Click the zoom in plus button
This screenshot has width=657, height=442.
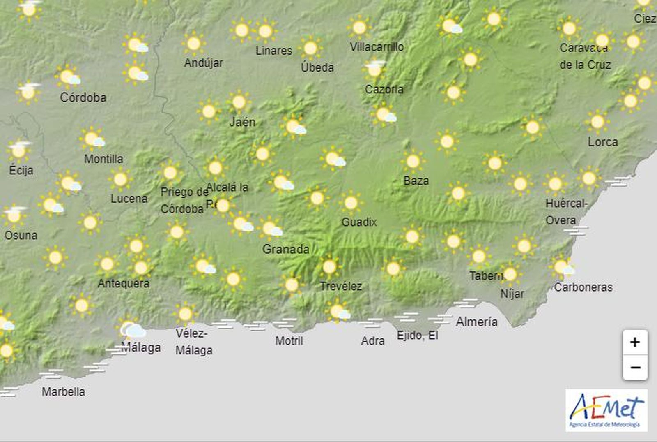tap(635, 342)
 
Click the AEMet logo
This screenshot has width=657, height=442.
tap(606, 410)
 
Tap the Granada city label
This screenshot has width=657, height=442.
tap(286, 249)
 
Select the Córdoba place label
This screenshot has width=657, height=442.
tap(83, 97)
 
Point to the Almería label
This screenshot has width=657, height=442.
tap(476, 322)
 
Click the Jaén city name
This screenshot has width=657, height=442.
tap(242, 122)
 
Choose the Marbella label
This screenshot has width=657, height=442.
tap(63, 391)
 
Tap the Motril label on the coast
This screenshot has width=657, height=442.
tap(289, 341)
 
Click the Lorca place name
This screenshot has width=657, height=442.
tap(602, 142)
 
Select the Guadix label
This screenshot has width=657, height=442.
tap(359, 222)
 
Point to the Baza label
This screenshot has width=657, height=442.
tap(416, 181)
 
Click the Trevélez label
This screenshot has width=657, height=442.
tap(341, 286)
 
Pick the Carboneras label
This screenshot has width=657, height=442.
tap(583, 287)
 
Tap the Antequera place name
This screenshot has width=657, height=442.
tap(123, 283)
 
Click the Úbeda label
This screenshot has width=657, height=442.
tap(317, 67)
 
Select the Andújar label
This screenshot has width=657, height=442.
tap(203, 63)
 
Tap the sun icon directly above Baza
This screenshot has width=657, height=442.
tap(413, 161)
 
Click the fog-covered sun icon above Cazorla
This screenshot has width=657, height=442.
tap(374, 69)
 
